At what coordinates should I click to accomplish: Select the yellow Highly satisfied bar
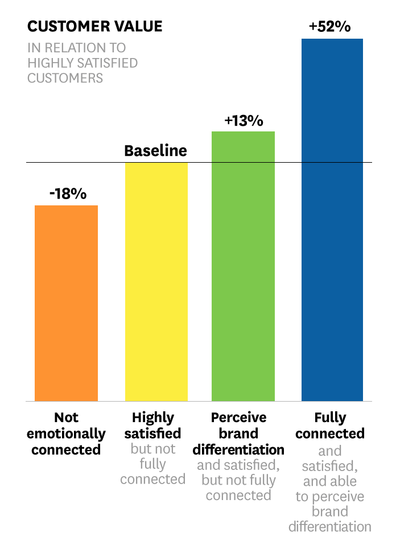point(156,282)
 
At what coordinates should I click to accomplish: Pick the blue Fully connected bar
point(332,220)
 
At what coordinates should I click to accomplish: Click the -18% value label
point(68,193)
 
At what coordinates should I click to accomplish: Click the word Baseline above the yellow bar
point(155,151)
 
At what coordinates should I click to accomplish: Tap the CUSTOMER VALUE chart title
point(94,26)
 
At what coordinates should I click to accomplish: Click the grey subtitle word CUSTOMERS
point(65,78)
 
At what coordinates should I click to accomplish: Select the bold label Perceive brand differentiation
point(238,433)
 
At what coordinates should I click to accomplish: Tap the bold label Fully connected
point(329,426)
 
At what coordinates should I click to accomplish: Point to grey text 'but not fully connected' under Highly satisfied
point(152,464)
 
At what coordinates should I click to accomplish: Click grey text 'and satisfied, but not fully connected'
point(238,480)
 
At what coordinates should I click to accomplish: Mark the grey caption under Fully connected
point(329,489)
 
